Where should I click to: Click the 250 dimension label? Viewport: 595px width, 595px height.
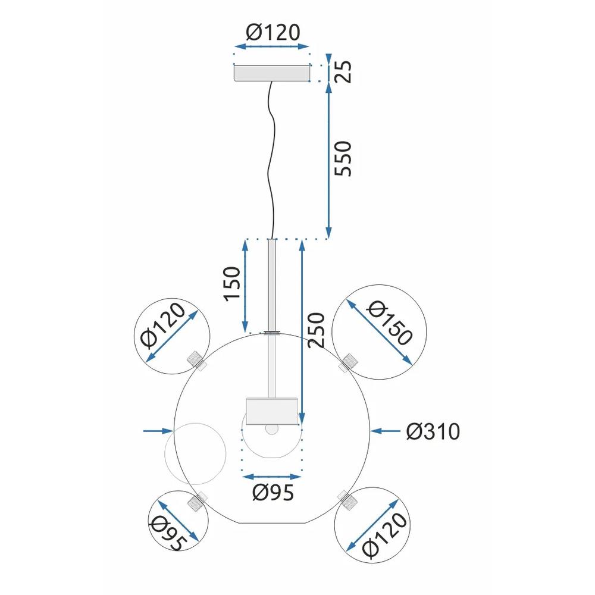point(317,331)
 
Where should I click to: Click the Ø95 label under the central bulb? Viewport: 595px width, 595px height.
point(273,493)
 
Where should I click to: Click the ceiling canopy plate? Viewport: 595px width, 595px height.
point(273,73)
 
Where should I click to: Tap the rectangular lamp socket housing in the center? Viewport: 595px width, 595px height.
point(272,411)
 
